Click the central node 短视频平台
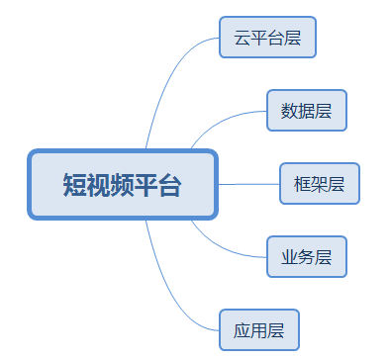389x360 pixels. coord(122,184)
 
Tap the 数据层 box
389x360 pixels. coord(307,110)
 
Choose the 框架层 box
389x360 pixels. coord(319,183)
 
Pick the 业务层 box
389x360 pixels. coord(307,256)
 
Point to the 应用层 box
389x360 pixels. coord(259,329)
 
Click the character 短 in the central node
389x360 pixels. coord(74,185)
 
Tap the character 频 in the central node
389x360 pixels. coord(122,185)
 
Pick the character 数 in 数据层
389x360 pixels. coord(290,111)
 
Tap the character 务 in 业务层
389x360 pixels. coord(307,257)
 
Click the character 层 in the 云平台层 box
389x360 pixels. coord(293,40)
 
